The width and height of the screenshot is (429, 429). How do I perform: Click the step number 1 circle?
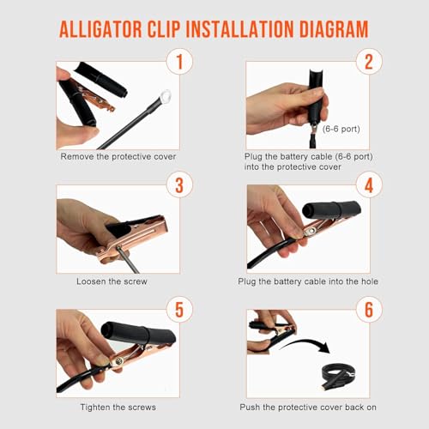(x=179, y=62)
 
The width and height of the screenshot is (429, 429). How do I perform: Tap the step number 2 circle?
(x=369, y=62)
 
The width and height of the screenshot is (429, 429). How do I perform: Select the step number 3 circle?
(x=179, y=184)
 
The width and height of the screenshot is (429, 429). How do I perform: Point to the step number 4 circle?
(x=369, y=184)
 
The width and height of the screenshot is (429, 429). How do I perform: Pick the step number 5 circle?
(x=179, y=310)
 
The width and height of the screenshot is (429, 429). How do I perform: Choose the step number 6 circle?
(x=369, y=310)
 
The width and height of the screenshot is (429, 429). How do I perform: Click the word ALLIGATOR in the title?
(x=100, y=29)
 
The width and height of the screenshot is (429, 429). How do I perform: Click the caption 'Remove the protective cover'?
(x=118, y=157)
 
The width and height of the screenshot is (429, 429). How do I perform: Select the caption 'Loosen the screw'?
(x=112, y=281)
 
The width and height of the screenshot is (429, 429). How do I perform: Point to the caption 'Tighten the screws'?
(x=118, y=407)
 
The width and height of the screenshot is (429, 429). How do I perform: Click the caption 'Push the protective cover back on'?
(x=308, y=407)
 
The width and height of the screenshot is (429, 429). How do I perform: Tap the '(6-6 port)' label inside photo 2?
(x=341, y=129)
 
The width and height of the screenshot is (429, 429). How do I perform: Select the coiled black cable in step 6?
(x=338, y=375)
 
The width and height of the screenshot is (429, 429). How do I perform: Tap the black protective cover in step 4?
(x=332, y=209)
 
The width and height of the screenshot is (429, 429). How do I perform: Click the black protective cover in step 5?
(x=138, y=333)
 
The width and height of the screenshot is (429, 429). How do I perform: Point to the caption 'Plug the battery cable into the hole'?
(x=308, y=281)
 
